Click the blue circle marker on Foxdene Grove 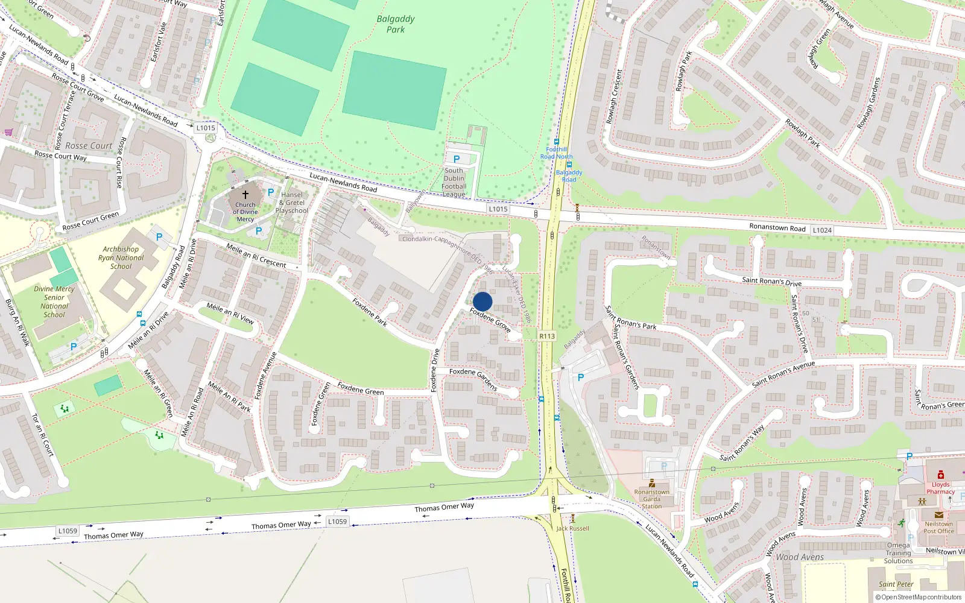pyautogui.click(x=482, y=301)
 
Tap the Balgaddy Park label pyautogui.click(x=396, y=24)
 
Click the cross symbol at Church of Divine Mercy pyautogui.click(x=245, y=195)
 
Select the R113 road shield pyautogui.click(x=547, y=336)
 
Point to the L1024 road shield pyautogui.click(x=822, y=230)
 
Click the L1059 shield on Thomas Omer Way pyautogui.click(x=337, y=522)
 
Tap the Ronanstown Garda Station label pyautogui.click(x=651, y=499)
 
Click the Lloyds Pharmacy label pyautogui.click(x=940, y=488)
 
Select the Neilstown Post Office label pyautogui.click(x=938, y=528)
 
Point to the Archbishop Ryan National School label pyautogui.click(x=121, y=257)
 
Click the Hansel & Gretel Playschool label pyautogui.click(x=292, y=203)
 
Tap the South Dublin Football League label pyautogui.click(x=454, y=182)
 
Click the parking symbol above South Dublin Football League pyautogui.click(x=457, y=159)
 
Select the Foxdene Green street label pyautogui.click(x=361, y=389)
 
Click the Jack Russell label pyautogui.click(x=572, y=528)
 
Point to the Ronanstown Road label pyautogui.click(x=777, y=227)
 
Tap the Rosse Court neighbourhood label pyautogui.click(x=89, y=146)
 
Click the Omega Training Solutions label pyautogui.click(x=898, y=553)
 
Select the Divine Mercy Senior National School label pyautogui.click(x=54, y=301)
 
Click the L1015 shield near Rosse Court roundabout pyautogui.click(x=206, y=128)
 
